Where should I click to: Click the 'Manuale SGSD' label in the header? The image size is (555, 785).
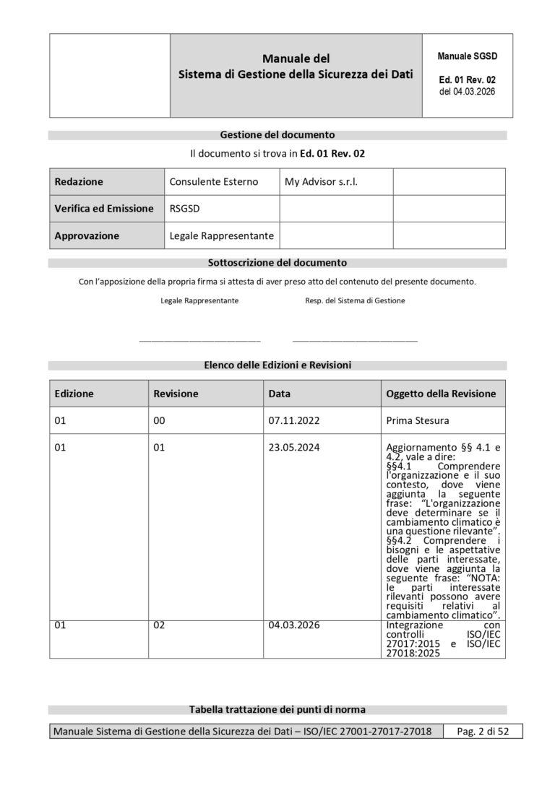[467, 56]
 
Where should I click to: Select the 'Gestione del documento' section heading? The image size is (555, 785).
[277, 134]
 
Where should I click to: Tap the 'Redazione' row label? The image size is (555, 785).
[79, 182]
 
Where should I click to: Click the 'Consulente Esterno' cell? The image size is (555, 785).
[213, 182]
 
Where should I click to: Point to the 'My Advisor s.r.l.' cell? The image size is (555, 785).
[322, 182]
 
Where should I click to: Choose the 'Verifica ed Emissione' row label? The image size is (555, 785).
[104, 209]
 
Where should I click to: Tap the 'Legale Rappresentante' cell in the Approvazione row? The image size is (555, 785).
[221, 235]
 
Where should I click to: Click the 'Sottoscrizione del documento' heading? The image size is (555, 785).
[277, 262]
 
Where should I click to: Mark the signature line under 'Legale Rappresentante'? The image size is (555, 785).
[199, 339]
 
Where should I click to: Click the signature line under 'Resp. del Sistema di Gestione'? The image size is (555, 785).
[355, 339]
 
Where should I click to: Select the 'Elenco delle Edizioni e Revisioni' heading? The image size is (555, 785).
[277, 365]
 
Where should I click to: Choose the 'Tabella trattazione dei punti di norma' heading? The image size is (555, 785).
[277, 710]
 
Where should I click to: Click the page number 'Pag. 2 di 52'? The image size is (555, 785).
[483, 732]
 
